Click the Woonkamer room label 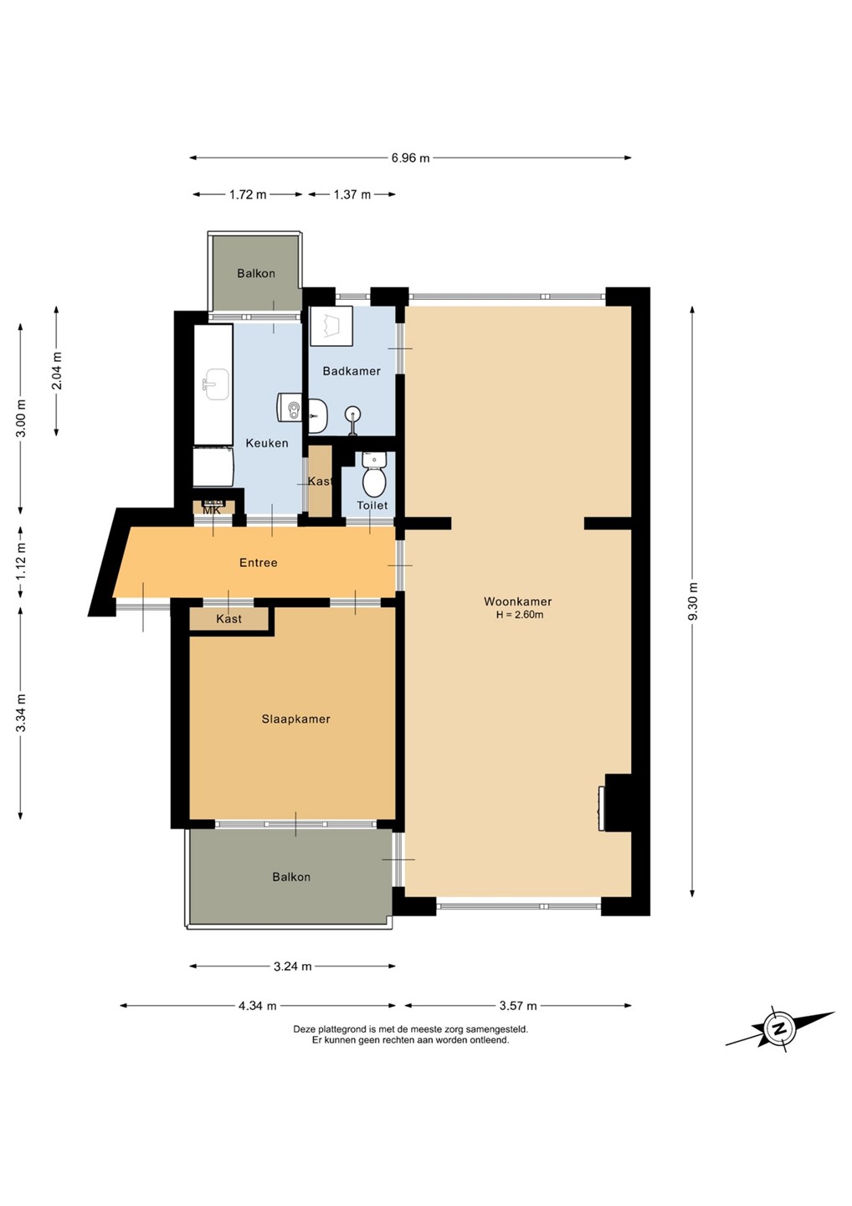[517, 601]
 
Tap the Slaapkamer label [295, 719]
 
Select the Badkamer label [352, 371]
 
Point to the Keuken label [267, 443]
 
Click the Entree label [258, 563]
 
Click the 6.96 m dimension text [410, 157]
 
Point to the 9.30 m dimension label [692, 600]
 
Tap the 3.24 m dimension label [293, 966]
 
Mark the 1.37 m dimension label [352, 194]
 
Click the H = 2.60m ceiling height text [520, 616]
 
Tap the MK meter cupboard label [212, 510]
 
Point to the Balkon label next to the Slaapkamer [291, 877]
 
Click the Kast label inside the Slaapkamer [228, 619]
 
